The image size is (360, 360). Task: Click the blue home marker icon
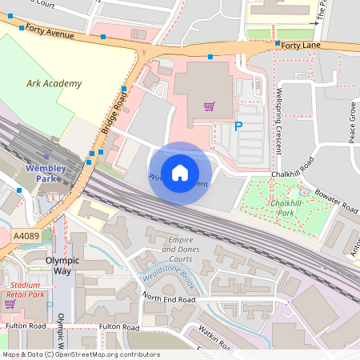point(180,173)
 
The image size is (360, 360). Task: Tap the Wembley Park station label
point(45,174)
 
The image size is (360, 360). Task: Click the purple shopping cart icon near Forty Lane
point(209,106)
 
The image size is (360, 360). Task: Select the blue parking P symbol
point(238,126)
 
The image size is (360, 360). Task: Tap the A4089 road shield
point(26,235)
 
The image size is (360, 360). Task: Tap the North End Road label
point(169,298)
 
